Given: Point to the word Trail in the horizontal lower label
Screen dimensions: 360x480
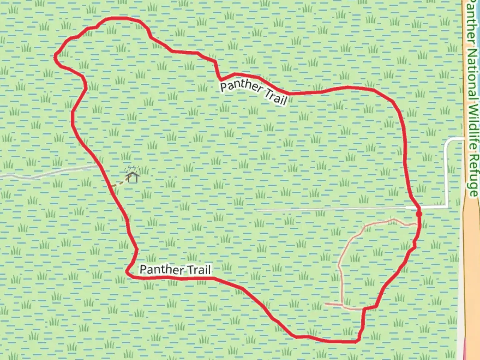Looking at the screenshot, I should (x=199, y=270).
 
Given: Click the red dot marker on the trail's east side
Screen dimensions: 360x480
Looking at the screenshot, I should (x=419, y=214).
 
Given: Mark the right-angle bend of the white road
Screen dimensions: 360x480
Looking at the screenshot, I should (x=447, y=139).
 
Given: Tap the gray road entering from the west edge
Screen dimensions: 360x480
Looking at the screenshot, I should (x=50, y=173).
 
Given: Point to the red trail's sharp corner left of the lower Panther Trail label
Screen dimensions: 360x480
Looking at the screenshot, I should (x=127, y=272).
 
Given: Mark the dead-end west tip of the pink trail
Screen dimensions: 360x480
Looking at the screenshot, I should (x=325, y=303).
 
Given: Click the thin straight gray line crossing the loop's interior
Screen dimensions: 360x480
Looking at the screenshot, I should (x=333, y=209).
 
